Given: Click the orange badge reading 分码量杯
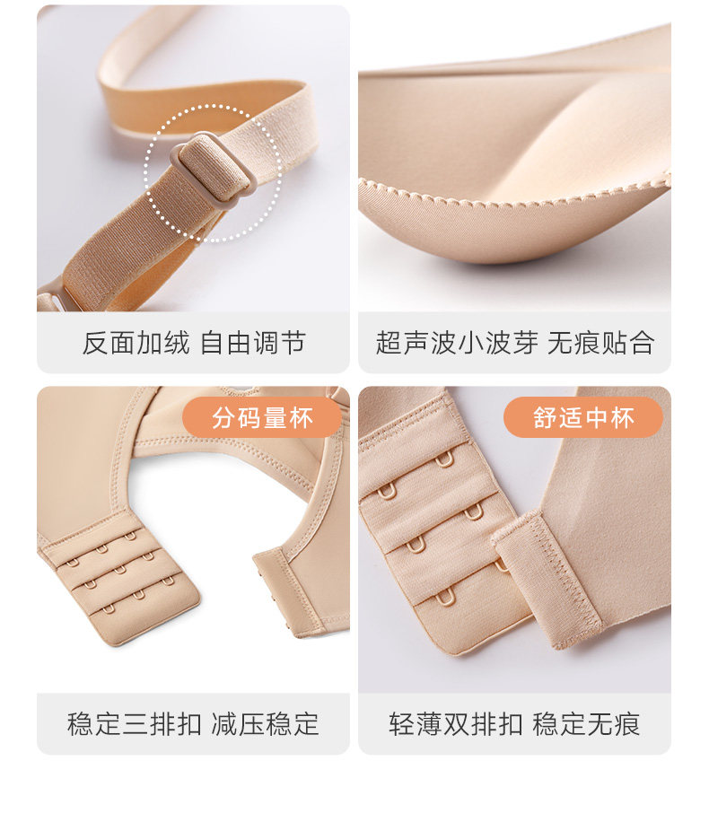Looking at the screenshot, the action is pyautogui.click(x=262, y=417).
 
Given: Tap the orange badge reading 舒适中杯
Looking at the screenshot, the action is pyautogui.click(x=583, y=417).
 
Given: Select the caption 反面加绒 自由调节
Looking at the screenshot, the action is pyautogui.click(x=194, y=343).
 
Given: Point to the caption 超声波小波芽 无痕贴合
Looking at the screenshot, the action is pyautogui.click(x=514, y=343).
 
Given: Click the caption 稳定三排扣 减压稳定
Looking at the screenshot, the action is pyautogui.click(x=193, y=724).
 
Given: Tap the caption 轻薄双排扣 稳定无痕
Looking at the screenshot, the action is pyautogui.click(x=514, y=724).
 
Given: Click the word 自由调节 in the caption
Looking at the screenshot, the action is pyautogui.click(x=252, y=343).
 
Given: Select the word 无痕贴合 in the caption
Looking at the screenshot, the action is pyautogui.click(x=600, y=343).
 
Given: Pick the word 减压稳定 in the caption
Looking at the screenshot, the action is pyautogui.click(x=266, y=724).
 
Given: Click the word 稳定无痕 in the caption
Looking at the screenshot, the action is pyautogui.click(x=587, y=724).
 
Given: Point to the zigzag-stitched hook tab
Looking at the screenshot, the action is pyautogui.click(x=548, y=578).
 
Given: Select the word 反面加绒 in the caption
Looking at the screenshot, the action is pyautogui.click(x=136, y=343).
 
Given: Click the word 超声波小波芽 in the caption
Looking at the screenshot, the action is pyautogui.click(x=457, y=343).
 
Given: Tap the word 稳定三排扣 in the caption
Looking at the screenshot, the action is pyautogui.click(x=135, y=724).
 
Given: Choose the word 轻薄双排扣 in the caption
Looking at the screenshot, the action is pyautogui.click(x=456, y=724).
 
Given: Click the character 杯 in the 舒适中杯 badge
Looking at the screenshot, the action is pyautogui.click(x=622, y=418).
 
